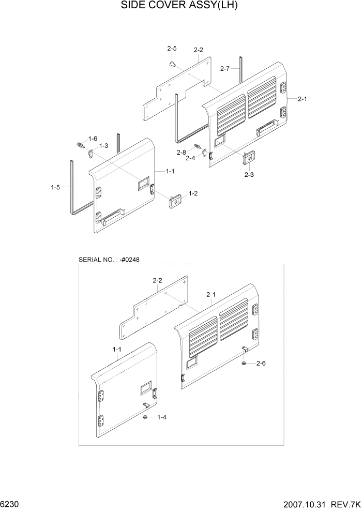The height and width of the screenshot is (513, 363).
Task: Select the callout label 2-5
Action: (172, 49)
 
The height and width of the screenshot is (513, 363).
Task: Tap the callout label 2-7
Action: (225, 69)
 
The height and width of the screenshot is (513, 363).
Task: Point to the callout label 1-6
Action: (93, 139)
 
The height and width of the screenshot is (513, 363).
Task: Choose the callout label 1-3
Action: (103, 146)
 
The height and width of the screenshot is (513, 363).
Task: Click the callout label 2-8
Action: (181, 152)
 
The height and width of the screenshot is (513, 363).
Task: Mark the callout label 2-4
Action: (190, 158)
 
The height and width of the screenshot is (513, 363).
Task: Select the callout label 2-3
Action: (249, 175)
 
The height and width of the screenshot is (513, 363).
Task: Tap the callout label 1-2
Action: (194, 193)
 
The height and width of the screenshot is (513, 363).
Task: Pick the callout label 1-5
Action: (55, 188)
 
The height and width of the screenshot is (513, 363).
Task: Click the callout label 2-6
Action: (261, 364)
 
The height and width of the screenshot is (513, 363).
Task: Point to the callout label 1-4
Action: (162, 417)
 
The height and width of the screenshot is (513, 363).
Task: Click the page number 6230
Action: (9, 504)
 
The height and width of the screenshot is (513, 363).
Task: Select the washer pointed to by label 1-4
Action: (146, 416)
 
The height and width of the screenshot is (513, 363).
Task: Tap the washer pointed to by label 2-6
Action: (244, 364)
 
